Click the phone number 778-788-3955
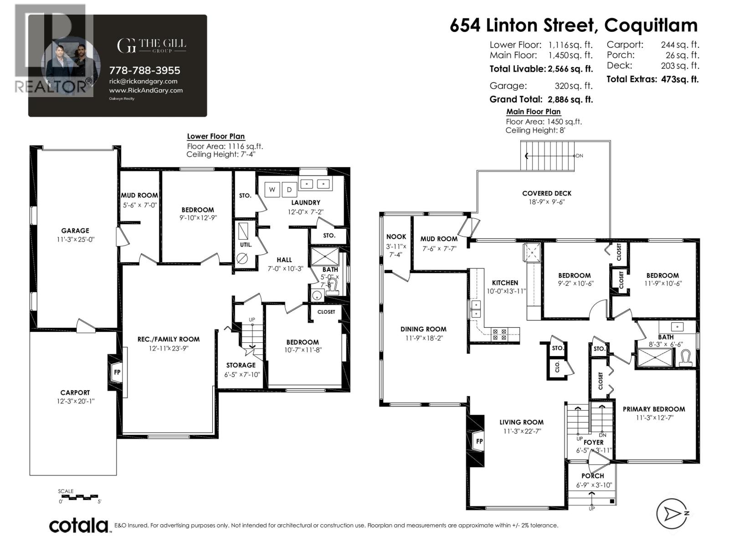coord(144,70)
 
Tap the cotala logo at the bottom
coord(79,525)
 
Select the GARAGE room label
coord(75,231)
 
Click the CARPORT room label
coord(75,392)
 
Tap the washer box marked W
coord(272,190)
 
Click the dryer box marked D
coord(289,190)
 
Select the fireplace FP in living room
coord(479,441)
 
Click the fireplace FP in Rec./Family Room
coord(117,372)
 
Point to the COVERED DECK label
coord(547,193)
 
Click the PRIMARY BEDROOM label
coord(654,409)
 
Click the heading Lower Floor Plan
coord(216,136)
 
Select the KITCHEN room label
coord(505,283)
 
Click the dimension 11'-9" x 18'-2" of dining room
coord(423,338)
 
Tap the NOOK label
coord(396,237)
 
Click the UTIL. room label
coord(246,245)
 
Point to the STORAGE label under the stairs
coord(241,365)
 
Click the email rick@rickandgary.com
coord(144,81)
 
